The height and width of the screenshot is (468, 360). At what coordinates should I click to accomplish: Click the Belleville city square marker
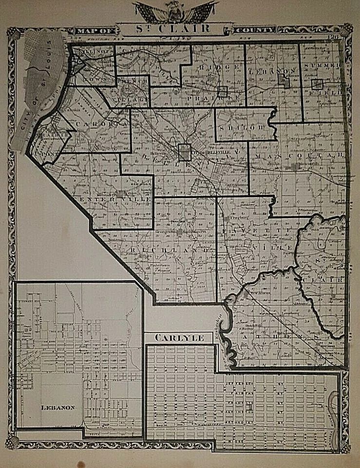pyautogui.click(x=185, y=152)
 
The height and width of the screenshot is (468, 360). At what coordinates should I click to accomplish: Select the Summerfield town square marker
pyautogui.click(x=317, y=84)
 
